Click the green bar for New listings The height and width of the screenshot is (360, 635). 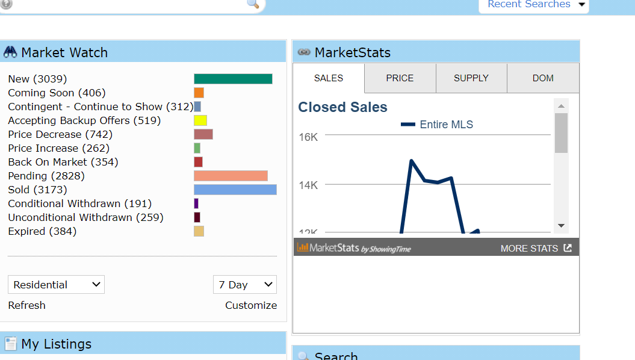point(233,79)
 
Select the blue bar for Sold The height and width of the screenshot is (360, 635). point(235,190)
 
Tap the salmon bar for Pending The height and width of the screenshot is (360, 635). point(231,176)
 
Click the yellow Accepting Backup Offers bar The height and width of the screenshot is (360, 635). point(200,120)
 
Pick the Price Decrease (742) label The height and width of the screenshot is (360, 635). point(60,134)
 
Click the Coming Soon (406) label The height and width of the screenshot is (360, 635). point(57,93)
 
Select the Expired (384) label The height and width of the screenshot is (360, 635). point(42,231)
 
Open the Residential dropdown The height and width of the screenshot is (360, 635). point(56,285)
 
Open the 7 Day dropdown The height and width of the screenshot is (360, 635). point(244,285)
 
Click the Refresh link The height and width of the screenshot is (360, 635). point(26,305)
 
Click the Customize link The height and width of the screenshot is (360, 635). point(251,305)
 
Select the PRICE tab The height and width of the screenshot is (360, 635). point(400,78)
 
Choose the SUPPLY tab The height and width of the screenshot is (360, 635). point(471,78)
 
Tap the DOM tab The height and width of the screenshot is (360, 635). point(543,78)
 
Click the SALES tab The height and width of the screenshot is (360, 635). point(329,78)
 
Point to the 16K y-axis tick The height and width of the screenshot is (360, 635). point(308,137)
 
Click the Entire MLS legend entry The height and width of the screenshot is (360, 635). point(438,125)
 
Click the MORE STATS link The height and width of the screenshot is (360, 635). point(536,248)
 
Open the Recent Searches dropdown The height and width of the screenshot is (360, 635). point(533,5)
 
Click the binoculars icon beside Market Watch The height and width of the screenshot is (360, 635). point(10,52)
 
